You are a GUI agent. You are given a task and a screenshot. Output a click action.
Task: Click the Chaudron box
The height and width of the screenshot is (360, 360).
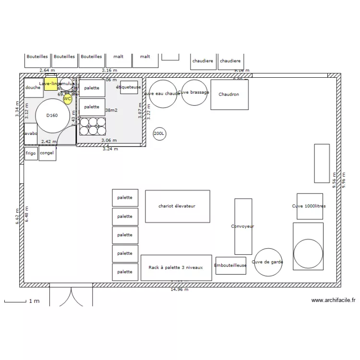[x=229, y=95]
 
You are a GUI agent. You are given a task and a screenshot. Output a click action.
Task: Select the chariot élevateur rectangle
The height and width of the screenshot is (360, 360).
[x=177, y=206]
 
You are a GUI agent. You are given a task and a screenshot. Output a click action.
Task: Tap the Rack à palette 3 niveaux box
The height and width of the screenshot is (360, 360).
[x=176, y=267]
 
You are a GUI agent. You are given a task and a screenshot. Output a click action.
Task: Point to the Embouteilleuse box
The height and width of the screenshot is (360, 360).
[x=230, y=265]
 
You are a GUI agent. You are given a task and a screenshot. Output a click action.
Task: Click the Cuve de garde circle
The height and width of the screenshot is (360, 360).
[x=268, y=262]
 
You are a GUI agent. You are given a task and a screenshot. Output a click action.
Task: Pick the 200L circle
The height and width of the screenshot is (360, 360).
[x=159, y=134]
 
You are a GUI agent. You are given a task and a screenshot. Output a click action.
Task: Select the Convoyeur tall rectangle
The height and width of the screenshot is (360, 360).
[x=243, y=226]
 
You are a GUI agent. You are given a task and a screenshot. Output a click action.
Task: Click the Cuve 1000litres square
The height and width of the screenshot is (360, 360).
[x=309, y=206]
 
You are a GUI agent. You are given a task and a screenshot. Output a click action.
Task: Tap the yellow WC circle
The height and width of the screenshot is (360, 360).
[x=68, y=99]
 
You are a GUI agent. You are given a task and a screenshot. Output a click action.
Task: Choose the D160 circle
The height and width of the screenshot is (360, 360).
[x=52, y=115]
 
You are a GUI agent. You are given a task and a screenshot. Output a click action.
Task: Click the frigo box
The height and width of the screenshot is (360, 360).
[x=31, y=154]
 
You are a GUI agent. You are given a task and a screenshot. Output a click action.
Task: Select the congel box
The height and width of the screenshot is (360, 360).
[x=47, y=154]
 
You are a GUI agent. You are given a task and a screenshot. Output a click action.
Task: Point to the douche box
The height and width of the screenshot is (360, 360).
[x=33, y=88]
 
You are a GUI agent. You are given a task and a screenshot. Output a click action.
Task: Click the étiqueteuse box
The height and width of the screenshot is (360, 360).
[x=129, y=87]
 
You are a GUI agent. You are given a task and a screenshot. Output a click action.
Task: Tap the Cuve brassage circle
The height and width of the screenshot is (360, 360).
[x=193, y=93]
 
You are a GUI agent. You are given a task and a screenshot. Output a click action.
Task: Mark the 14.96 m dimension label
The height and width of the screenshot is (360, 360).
[x=180, y=290]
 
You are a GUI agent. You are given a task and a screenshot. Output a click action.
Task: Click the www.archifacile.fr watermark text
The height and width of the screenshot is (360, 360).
[x=333, y=300]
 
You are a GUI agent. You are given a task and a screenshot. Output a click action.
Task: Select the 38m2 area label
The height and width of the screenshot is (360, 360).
[x=111, y=110]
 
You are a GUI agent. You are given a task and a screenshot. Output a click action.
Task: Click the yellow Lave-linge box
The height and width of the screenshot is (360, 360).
[x=50, y=85]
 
